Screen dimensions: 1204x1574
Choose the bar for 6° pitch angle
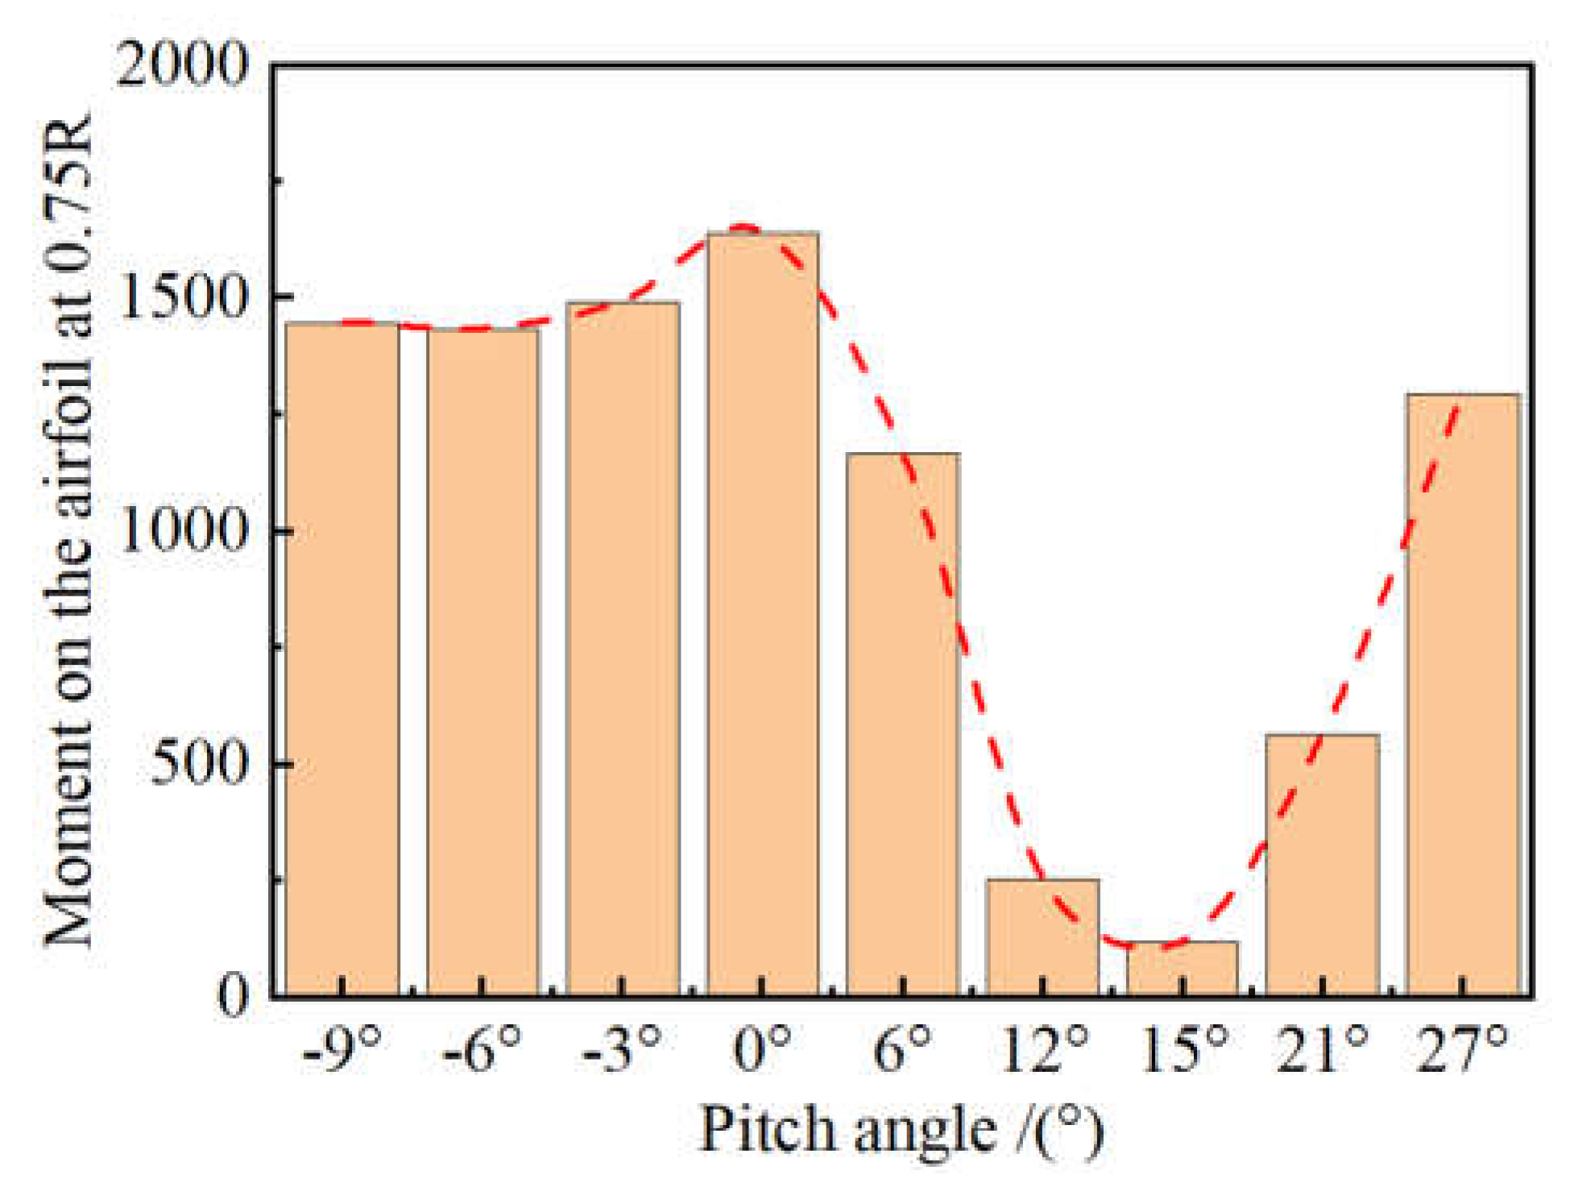[x=903, y=725]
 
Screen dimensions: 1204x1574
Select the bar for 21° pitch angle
[x=1323, y=866]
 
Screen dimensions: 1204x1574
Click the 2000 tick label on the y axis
[x=182, y=64]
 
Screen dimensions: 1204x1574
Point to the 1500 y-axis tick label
[x=182, y=297]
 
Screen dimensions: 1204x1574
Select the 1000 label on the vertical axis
[x=182, y=530]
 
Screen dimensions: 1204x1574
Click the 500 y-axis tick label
[x=198, y=763]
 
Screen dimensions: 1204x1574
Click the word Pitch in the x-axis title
[x=768, y=1131]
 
